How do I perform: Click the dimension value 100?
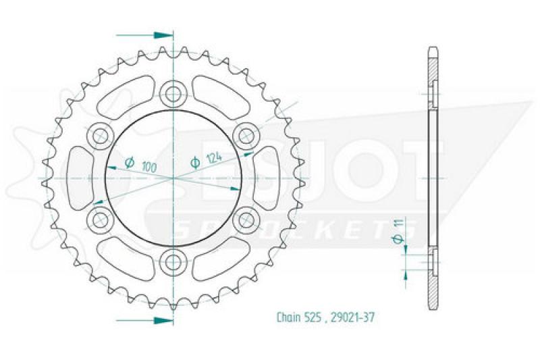[149, 168]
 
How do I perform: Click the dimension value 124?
[214, 158]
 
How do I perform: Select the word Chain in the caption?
[289, 317]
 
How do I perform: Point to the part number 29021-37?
[352, 317]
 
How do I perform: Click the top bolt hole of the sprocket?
[173, 93]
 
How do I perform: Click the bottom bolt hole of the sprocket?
[173, 263]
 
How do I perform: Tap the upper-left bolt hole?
[100, 136]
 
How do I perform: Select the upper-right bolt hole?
[246, 136]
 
